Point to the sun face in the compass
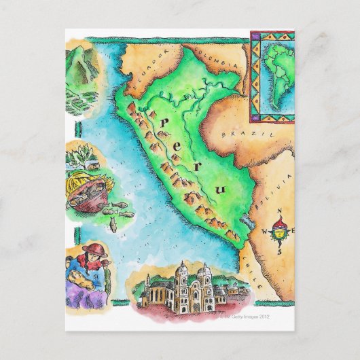tap(279, 233)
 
